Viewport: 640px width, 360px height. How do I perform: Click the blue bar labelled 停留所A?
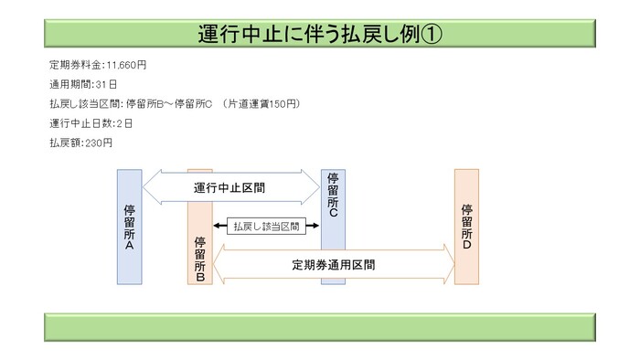pos(129,227)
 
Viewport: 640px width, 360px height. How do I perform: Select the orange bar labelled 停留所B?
pos(199,247)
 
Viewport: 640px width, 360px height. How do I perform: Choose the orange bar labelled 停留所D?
pos(466,227)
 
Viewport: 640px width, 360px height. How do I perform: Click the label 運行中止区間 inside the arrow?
pos(235,187)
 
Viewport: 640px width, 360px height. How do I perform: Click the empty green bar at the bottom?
pos(319,326)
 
